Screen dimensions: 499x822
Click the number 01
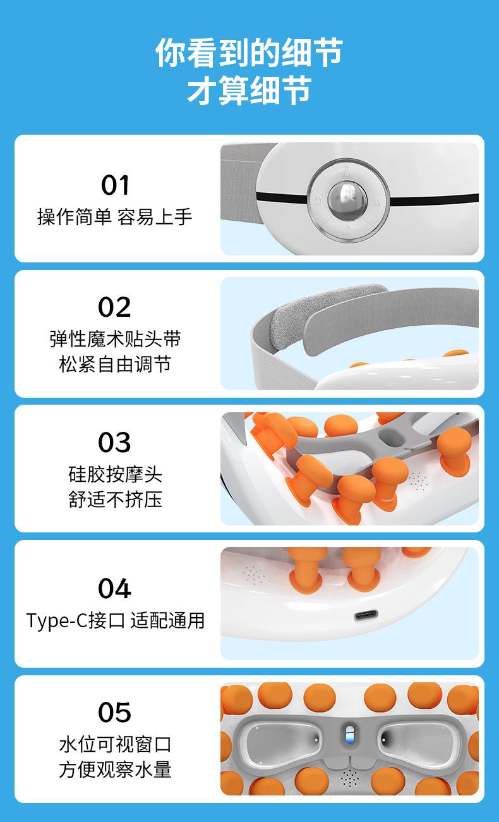(115, 185)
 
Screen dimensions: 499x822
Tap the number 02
(114, 307)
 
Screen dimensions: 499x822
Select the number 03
(114, 442)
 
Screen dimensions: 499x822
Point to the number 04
(114, 588)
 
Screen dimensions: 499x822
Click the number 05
(114, 712)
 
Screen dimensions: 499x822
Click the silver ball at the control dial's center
(347, 200)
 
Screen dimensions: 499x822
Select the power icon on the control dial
(318, 200)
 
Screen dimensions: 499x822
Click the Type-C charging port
(366, 615)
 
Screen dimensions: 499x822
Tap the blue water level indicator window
(349, 735)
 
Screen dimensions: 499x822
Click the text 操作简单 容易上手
(115, 216)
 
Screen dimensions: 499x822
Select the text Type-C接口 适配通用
(115, 621)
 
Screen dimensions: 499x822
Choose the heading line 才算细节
(249, 90)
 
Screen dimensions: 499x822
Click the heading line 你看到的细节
(249, 52)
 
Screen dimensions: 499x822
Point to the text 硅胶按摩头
(115, 474)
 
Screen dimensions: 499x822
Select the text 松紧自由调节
(115, 364)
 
